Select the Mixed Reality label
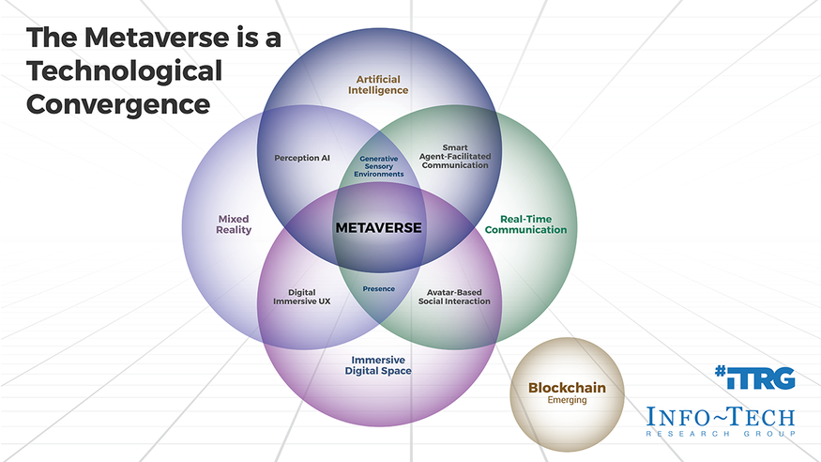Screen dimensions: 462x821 tap(234, 224)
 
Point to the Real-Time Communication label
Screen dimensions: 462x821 tap(526, 223)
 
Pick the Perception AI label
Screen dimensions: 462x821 tap(302, 158)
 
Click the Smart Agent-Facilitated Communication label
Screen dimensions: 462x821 tap(455, 156)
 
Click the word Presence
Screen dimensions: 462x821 tap(379, 288)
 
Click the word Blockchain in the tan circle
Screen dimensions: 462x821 tap(567, 387)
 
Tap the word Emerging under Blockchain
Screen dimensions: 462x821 tap(567, 400)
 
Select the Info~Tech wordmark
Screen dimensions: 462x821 tap(720, 416)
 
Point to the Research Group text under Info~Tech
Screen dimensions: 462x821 tap(720, 433)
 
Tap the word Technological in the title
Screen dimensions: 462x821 tap(125, 71)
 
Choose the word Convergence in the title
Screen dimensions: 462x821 tap(118, 103)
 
